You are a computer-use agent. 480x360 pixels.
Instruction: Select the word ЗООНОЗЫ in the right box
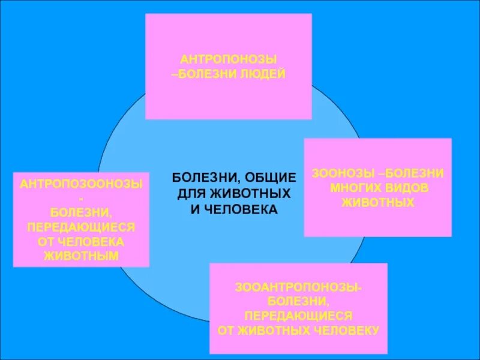[337, 173]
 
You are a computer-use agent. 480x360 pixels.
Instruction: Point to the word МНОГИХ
[356, 188]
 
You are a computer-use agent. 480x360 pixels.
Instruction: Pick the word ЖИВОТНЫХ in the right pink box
[378, 203]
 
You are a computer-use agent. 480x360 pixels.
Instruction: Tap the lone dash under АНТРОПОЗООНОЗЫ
[81, 198]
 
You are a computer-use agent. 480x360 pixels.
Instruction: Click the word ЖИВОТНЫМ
[81, 255]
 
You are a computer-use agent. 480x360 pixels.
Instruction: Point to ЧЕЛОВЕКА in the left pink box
[97, 241]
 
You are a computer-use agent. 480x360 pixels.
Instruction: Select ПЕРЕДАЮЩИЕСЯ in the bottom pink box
[298, 316]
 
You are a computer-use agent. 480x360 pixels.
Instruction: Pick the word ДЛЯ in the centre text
[191, 194]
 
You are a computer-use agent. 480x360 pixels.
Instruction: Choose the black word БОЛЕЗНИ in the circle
[206, 178]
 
